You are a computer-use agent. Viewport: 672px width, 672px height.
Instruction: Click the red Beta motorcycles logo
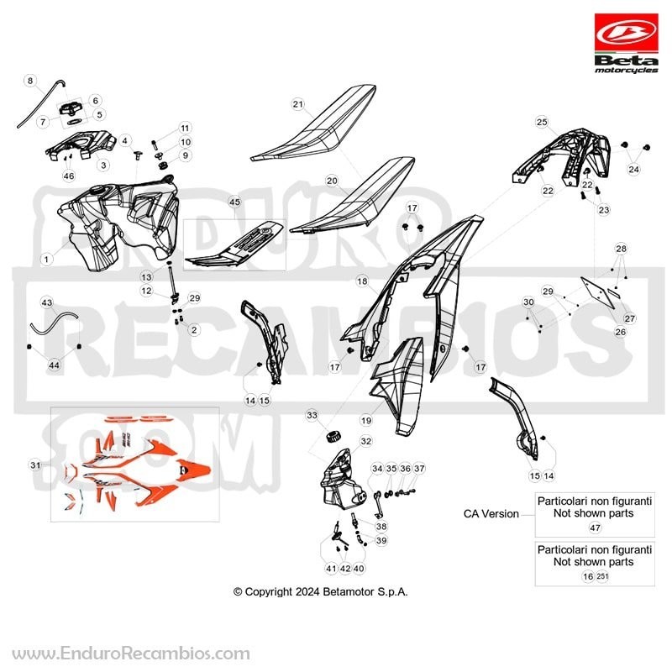pos(626,44)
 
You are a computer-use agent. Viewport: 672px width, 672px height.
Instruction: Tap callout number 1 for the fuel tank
pos(46,259)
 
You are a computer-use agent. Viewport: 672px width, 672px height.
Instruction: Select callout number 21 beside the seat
pos(298,103)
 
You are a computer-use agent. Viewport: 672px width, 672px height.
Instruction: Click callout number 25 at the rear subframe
pos(542,122)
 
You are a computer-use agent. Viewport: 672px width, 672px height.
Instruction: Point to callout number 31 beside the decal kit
pos(35,465)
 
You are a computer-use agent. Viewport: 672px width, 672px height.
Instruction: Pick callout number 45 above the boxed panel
pos(234,202)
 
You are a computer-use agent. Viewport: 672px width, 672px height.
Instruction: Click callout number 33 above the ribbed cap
pos(312,415)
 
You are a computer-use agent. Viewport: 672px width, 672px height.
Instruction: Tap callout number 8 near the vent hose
pos(30,81)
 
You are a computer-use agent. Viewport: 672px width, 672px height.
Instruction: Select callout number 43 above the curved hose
pos(47,302)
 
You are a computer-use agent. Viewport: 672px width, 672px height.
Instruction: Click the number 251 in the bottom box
pos(602,576)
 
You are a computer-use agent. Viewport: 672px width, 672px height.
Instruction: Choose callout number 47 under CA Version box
pos(596,528)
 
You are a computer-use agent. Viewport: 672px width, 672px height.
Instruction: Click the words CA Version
pos(491,513)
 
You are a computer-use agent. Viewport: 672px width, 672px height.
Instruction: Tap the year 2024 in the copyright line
pos(307,592)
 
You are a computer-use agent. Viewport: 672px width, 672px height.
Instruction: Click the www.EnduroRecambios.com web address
pos(131,654)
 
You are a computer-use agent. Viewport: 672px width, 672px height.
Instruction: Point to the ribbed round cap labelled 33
pos(333,437)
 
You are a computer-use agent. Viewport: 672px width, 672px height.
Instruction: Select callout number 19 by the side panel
pos(366,421)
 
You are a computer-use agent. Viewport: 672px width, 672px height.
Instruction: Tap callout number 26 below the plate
pos(620,332)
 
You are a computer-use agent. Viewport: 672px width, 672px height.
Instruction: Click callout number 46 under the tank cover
pos(69,176)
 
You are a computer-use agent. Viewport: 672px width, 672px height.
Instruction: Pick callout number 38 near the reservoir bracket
pos(381,526)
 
